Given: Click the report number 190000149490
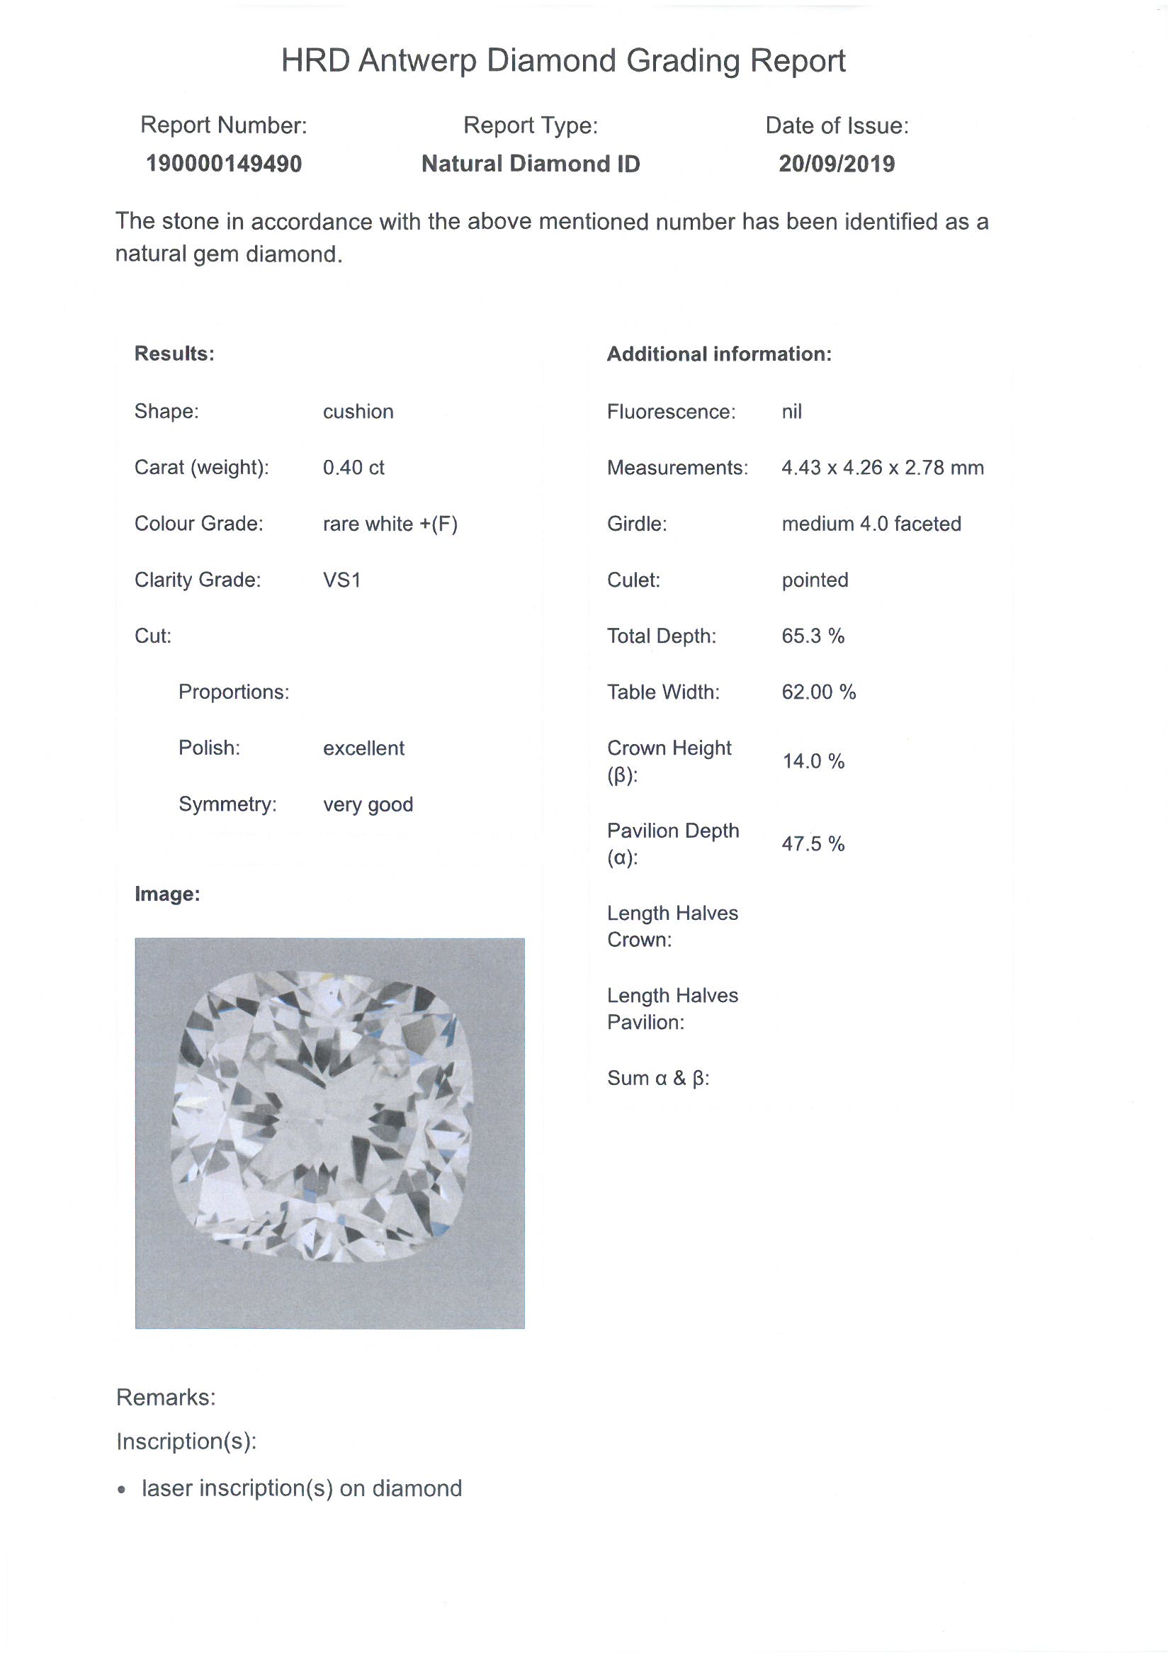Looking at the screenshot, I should (x=224, y=164).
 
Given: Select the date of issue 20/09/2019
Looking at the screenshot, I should (x=836, y=164).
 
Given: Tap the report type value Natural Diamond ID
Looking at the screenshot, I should (x=531, y=164).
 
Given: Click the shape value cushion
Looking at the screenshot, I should (x=358, y=411).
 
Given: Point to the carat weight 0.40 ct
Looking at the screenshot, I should (x=353, y=468).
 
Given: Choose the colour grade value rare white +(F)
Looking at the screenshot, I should (x=390, y=524).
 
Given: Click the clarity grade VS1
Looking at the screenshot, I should (x=341, y=580).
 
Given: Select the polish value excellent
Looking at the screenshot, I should (x=363, y=748).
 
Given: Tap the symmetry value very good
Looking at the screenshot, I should (x=367, y=804).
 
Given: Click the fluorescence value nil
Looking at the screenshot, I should (x=791, y=411).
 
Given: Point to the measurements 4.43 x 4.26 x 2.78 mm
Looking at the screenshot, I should (x=882, y=468).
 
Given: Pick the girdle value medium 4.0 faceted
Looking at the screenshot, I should (x=871, y=524).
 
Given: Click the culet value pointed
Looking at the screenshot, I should (x=815, y=580).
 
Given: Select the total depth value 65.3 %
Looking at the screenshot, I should (x=813, y=636).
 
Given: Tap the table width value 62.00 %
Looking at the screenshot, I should (x=818, y=692).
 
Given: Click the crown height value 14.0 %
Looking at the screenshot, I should (x=813, y=761).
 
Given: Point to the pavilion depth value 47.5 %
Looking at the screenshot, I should (x=813, y=843).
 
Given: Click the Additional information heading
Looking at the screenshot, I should (x=718, y=354).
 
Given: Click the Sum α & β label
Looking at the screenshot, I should (x=658, y=1078).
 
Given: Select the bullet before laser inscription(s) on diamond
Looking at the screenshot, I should (x=123, y=1490).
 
